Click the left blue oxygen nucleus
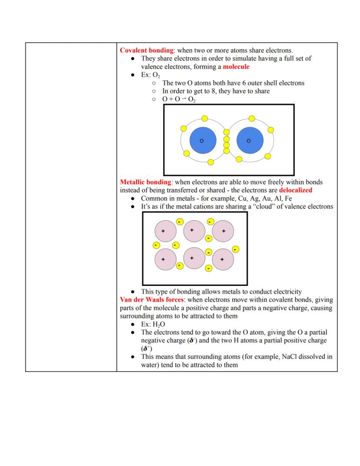[x=203, y=141]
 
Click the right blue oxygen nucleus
[x=250, y=141]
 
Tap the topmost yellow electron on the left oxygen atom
[x=205, y=118]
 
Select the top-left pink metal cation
[x=166, y=231]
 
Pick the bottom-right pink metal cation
[x=223, y=259]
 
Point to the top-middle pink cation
[x=194, y=231]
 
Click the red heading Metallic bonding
[x=146, y=182]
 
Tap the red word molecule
[x=236, y=67]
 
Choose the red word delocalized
[x=296, y=190]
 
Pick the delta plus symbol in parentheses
[x=146, y=349]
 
